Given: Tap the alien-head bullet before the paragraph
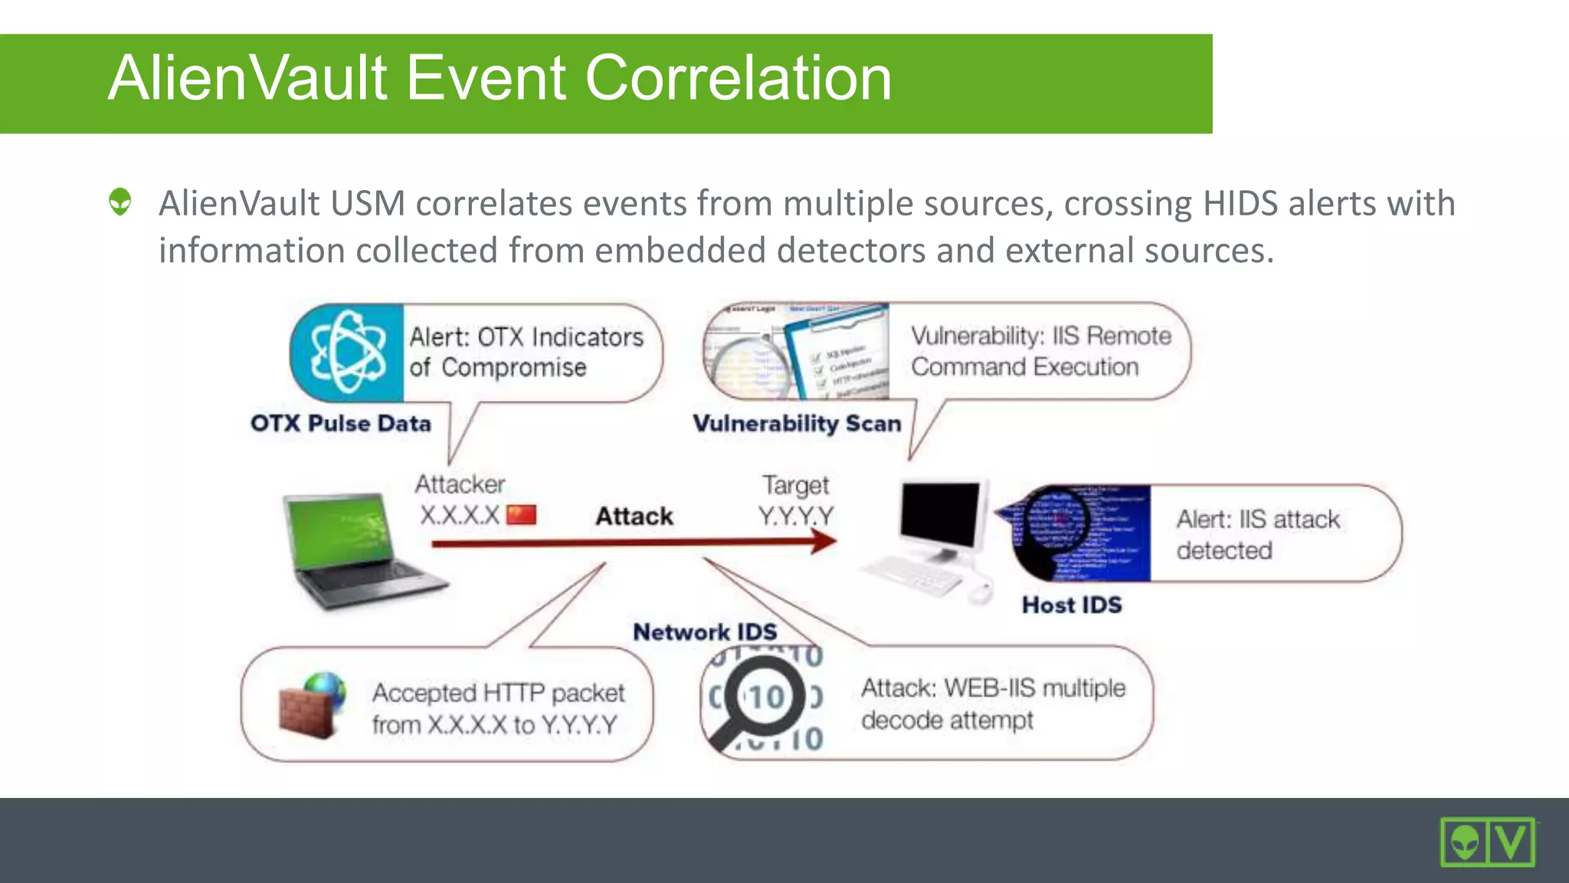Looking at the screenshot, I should coord(120,202).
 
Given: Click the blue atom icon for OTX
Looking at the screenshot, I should coord(348,353).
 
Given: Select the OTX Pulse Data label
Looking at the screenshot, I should coord(341,423).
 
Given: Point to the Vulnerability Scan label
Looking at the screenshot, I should coord(797,423).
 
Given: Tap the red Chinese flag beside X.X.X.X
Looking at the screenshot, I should coord(522,514).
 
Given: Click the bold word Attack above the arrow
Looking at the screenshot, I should coord(634,516).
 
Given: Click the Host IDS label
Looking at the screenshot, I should coord(1072,605).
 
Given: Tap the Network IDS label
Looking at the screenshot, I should coord(705,632).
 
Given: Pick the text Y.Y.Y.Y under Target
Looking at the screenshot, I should coord(795,515).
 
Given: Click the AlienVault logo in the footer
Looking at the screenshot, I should coord(1487,842).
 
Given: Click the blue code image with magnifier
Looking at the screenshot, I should coord(1080,533).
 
